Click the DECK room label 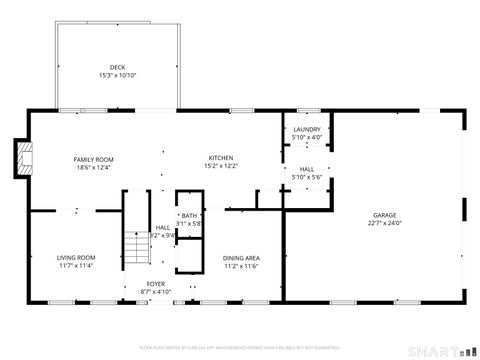(x=117, y=68)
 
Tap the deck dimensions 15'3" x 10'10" (x=117, y=76)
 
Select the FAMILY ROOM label (x=93, y=159)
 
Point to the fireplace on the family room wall (x=24, y=155)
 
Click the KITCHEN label (x=221, y=158)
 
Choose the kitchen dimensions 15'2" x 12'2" (x=221, y=166)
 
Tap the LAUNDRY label (x=306, y=130)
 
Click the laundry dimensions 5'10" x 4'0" (x=306, y=138)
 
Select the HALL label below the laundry (x=306, y=169)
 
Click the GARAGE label (x=385, y=215)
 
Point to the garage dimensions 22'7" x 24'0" (x=385, y=223)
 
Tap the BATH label (x=189, y=216)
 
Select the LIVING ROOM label (x=75, y=258)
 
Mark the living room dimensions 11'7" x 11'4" (x=75, y=266)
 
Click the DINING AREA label (x=241, y=258)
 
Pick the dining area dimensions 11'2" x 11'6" (x=241, y=266)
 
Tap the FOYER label (x=156, y=284)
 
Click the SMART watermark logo (x=439, y=350)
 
